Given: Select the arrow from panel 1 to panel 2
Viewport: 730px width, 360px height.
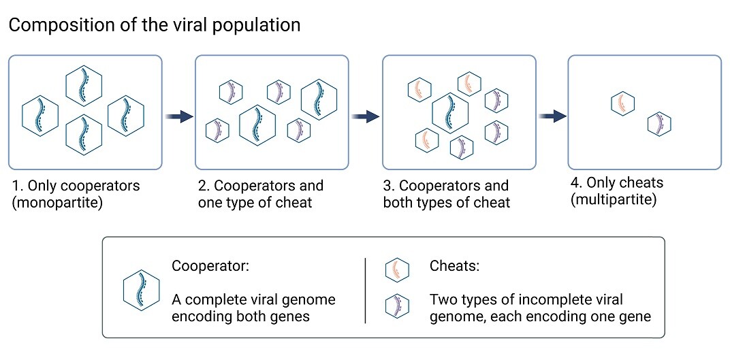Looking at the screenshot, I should (178, 117).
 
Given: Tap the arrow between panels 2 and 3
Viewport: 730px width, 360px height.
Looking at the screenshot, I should (366, 117).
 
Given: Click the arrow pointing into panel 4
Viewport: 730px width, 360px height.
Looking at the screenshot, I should (552, 117).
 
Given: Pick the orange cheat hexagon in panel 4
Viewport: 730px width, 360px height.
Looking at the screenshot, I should (622, 103).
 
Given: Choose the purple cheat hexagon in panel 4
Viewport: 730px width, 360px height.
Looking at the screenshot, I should (659, 124).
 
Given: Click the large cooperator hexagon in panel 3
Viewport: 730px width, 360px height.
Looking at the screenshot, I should (451, 112).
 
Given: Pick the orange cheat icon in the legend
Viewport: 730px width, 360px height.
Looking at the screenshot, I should (397, 270).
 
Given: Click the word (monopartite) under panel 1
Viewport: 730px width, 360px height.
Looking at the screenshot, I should (57, 202).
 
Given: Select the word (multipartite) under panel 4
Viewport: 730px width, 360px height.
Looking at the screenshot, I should (614, 200).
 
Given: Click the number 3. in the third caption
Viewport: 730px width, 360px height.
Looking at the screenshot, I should (390, 186).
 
